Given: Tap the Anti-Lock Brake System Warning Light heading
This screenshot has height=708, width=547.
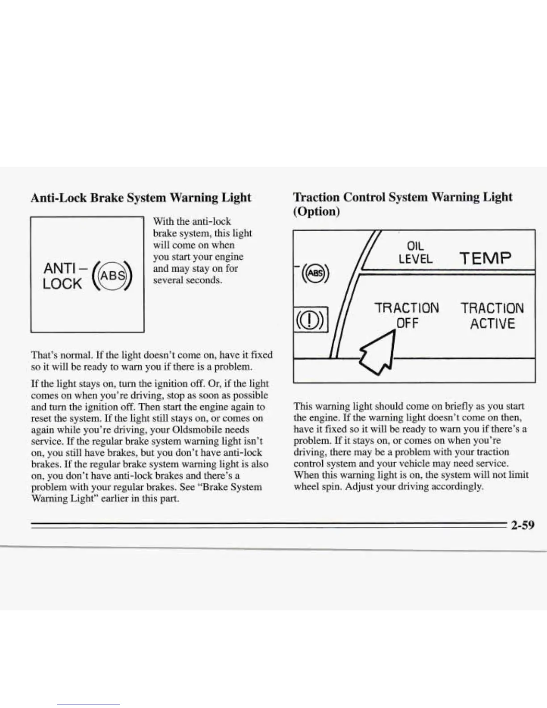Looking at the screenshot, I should (x=141, y=198).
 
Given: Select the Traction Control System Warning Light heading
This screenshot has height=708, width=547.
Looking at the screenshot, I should (x=403, y=197).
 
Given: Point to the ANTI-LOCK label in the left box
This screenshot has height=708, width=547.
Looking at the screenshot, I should (x=63, y=276).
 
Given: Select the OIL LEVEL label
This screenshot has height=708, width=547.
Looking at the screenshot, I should (x=416, y=253).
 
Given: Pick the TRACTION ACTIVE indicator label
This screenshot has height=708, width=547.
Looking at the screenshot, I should (x=492, y=316).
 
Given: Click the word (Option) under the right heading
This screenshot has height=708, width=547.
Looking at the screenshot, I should (x=316, y=211).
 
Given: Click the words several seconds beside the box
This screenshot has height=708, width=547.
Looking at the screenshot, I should (x=188, y=281).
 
